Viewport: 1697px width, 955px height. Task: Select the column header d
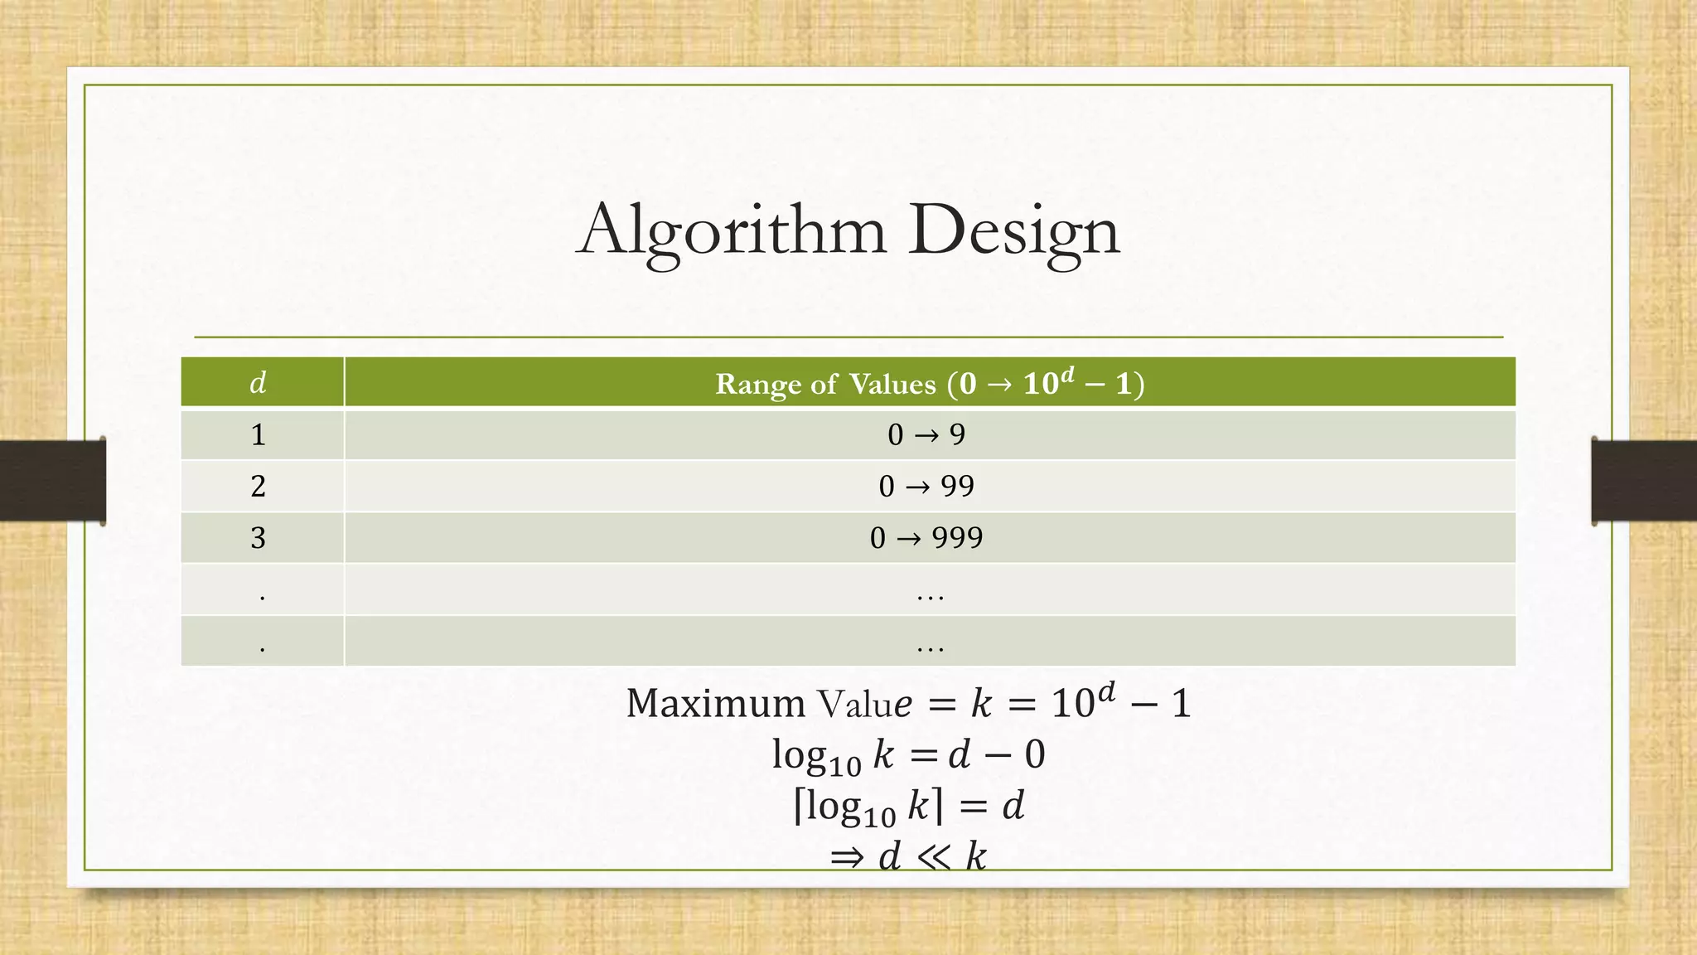click(259, 383)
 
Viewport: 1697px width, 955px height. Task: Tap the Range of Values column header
click(930, 383)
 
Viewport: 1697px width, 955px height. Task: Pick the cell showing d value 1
click(259, 434)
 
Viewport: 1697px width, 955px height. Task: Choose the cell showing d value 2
click(259, 486)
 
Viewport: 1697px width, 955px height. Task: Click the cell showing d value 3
click(259, 538)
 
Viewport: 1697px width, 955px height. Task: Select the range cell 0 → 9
click(926, 434)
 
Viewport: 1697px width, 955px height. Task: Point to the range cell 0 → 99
click(926, 486)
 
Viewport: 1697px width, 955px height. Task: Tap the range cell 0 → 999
click(926, 538)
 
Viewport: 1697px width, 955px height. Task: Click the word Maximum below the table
click(715, 704)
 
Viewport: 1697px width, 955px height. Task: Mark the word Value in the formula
click(865, 704)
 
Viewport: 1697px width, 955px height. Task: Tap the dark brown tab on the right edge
click(1644, 481)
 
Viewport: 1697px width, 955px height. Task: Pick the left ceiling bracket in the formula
click(799, 806)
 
